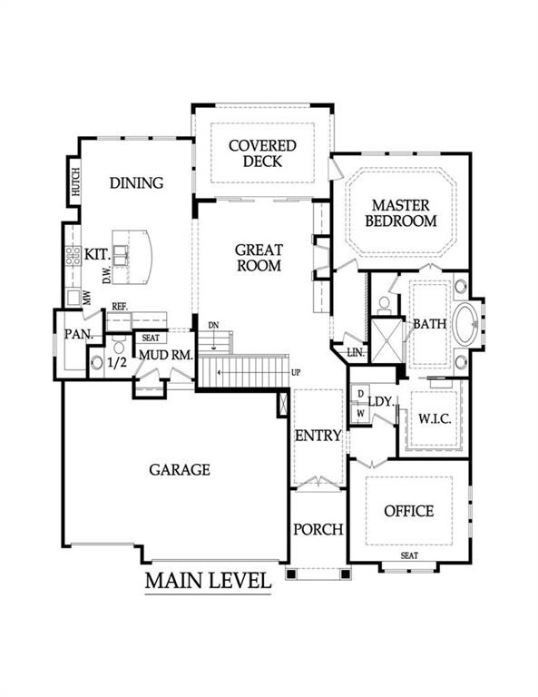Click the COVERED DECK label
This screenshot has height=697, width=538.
[x=262, y=153]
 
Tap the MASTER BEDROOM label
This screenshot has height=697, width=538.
[x=401, y=213]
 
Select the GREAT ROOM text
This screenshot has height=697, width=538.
[x=259, y=258]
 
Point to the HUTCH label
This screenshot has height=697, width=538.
[x=76, y=182]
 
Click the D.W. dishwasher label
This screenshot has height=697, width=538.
[x=107, y=278]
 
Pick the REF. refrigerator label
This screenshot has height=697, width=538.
[x=120, y=307]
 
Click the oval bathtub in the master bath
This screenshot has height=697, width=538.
[x=465, y=324]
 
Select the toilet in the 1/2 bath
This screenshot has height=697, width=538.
[x=119, y=346]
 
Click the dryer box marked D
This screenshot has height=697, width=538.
[x=361, y=393]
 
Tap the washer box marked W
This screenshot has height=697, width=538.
[x=361, y=414]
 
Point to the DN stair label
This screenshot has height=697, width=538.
[x=214, y=326]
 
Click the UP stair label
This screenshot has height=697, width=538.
[x=296, y=372]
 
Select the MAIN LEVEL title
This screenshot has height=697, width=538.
[x=208, y=582]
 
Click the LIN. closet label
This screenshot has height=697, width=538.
[x=356, y=353]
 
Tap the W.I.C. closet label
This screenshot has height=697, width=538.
[x=435, y=418]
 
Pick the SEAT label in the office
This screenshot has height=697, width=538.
[x=409, y=555]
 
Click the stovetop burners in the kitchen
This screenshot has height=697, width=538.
[x=73, y=257]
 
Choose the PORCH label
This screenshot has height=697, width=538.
[x=318, y=529]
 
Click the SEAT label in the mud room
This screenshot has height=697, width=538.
[x=151, y=338]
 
